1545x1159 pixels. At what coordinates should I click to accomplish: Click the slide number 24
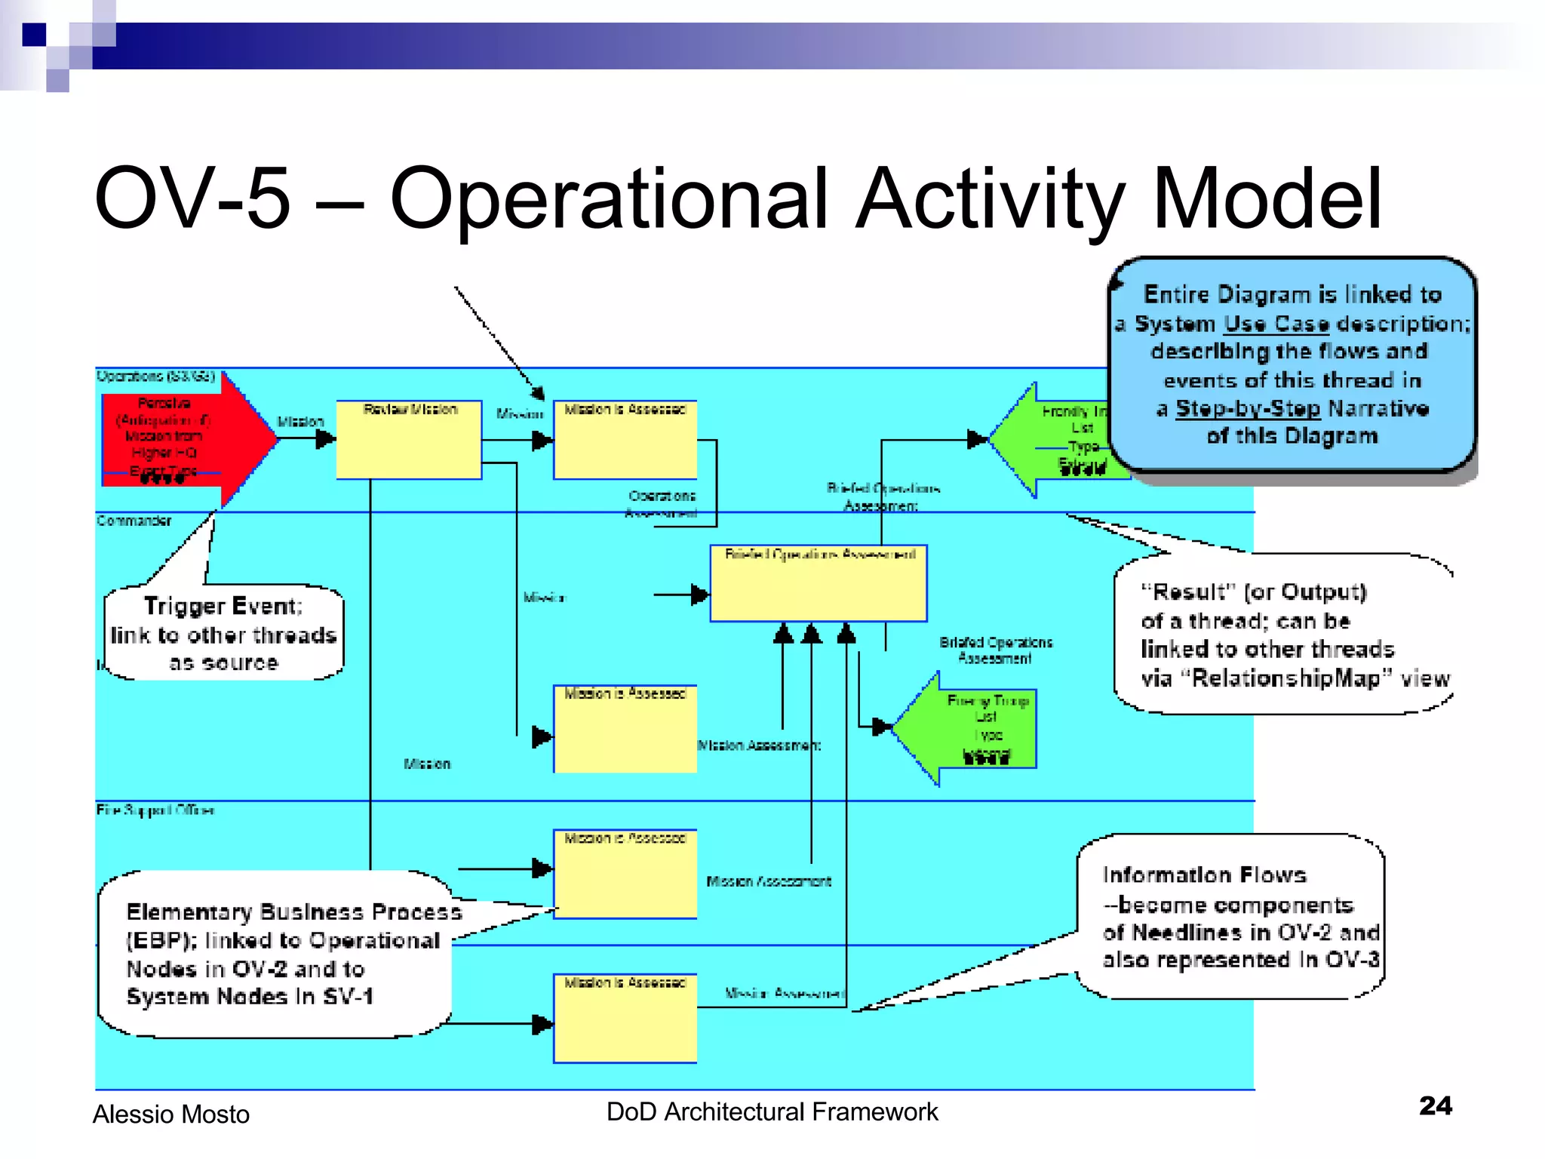[1435, 1105]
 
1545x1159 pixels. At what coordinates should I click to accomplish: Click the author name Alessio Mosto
[171, 1114]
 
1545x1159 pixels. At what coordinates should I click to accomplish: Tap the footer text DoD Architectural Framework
[772, 1111]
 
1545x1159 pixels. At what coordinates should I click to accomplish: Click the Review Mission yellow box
[409, 441]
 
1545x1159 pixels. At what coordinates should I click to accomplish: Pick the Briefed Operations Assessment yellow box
[819, 585]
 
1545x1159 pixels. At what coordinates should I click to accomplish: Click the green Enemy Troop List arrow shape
[973, 729]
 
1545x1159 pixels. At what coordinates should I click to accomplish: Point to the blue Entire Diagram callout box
[1292, 364]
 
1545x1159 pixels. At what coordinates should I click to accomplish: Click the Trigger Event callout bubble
[224, 634]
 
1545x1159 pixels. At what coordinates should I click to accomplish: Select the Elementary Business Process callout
[275, 955]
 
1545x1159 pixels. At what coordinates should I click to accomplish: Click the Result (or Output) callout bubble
[1282, 634]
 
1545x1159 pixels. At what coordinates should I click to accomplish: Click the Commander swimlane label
[134, 521]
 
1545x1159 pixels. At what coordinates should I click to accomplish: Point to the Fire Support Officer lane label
[155, 810]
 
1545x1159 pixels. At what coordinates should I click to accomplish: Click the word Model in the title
[1267, 198]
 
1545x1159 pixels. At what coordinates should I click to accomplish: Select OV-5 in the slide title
[192, 198]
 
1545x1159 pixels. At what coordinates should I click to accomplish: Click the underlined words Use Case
[1276, 324]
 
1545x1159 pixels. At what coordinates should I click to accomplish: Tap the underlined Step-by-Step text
[1248, 408]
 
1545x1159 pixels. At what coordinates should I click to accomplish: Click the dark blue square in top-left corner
[34, 35]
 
